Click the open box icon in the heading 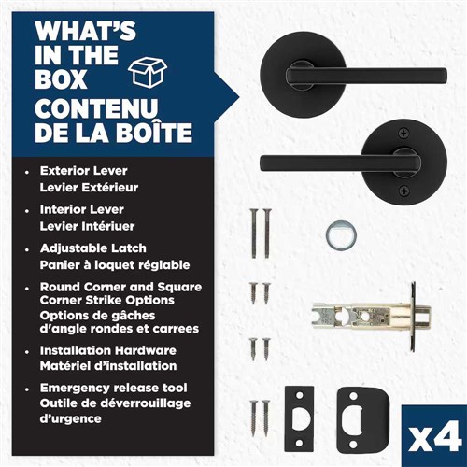tap(148, 72)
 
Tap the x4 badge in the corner tap(435, 436)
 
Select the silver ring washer tap(341, 235)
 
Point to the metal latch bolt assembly tap(372, 317)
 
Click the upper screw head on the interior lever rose tap(404, 134)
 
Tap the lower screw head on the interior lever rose tap(404, 190)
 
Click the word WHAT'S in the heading tap(85, 31)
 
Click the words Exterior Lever tap(84, 171)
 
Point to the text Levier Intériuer tap(87, 226)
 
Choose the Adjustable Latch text tap(93, 248)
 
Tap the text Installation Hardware tap(108, 350)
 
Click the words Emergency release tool tap(114, 389)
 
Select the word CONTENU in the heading tap(96, 108)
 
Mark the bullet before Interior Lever tap(27, 211)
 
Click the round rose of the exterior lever tap(301, 75)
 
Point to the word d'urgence tap(70, 418)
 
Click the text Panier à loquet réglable tap(115, 265)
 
